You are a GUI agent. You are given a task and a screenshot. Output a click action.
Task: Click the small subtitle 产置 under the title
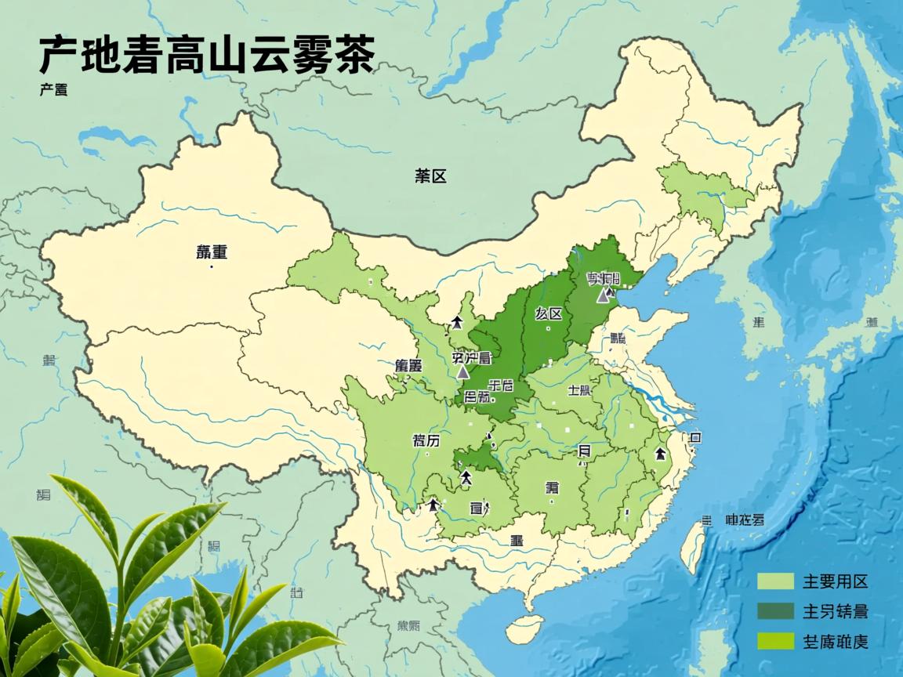(53, 90)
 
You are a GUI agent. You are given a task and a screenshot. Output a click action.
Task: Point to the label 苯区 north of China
(430, 176)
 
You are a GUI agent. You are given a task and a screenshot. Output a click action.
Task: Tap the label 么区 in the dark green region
(549, 314)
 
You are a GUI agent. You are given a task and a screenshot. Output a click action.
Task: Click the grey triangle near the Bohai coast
(603, 295)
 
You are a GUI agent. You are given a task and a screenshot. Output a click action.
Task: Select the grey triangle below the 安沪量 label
(463, 371)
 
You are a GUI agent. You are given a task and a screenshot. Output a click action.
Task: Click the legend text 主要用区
(835, 582)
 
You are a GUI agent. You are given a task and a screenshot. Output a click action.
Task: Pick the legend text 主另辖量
(835, 612)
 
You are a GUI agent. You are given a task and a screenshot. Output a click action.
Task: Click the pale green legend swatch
(775, 581)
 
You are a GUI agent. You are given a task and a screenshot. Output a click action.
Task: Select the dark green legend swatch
(775, 611)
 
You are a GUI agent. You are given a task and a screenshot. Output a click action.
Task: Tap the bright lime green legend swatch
(775, 641)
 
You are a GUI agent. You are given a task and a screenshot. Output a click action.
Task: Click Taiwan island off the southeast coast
(692, 545)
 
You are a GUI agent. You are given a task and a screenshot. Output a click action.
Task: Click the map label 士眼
(579, 391)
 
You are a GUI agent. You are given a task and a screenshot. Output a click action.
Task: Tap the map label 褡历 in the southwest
(426, 440)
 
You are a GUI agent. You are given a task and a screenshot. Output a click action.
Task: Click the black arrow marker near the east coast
(660, 454)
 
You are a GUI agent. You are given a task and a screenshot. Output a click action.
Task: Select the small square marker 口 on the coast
(694, 437)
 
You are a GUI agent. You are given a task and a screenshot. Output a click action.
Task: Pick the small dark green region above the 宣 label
(476, 461)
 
